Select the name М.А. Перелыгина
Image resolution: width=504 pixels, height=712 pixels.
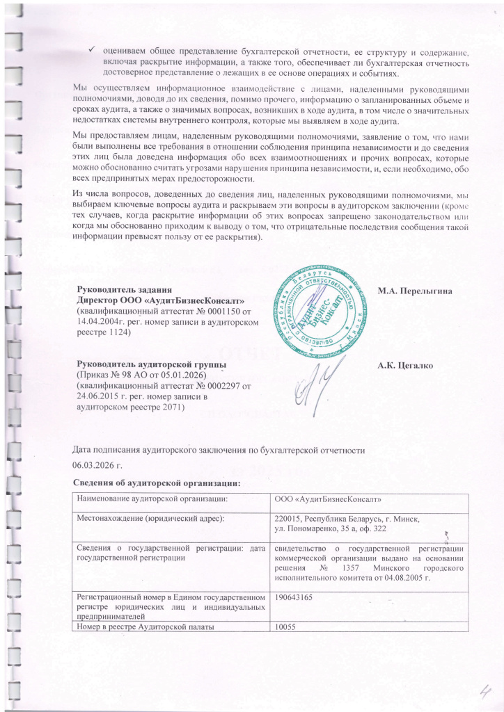[415, 291]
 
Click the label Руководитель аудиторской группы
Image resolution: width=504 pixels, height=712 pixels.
[150, 365]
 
